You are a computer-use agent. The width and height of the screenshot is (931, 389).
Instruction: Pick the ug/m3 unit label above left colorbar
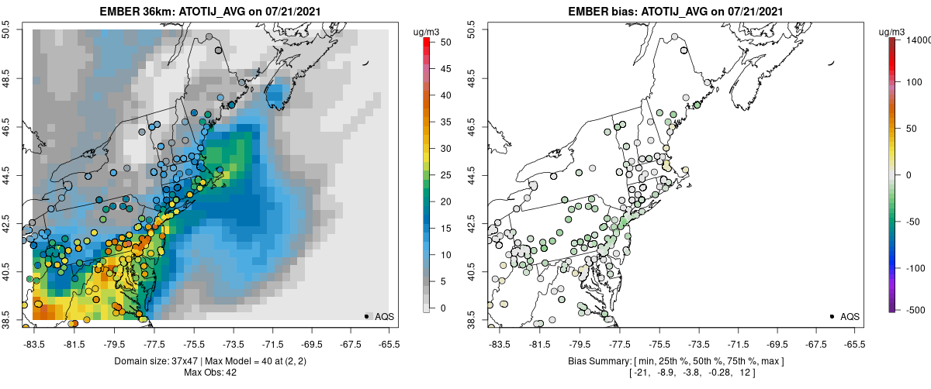(427, 32)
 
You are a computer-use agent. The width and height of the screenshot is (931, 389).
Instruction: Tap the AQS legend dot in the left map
(366, 316)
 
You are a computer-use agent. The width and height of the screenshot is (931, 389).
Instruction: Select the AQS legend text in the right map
(850, 316)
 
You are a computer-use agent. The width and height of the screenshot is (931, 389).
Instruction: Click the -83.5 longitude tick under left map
(34, 345)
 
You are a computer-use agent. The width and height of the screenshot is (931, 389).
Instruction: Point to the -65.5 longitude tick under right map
(854, 345)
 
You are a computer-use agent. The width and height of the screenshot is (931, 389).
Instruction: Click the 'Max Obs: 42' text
(210, 373)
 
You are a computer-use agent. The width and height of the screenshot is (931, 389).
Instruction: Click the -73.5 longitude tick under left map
(233, 345)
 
